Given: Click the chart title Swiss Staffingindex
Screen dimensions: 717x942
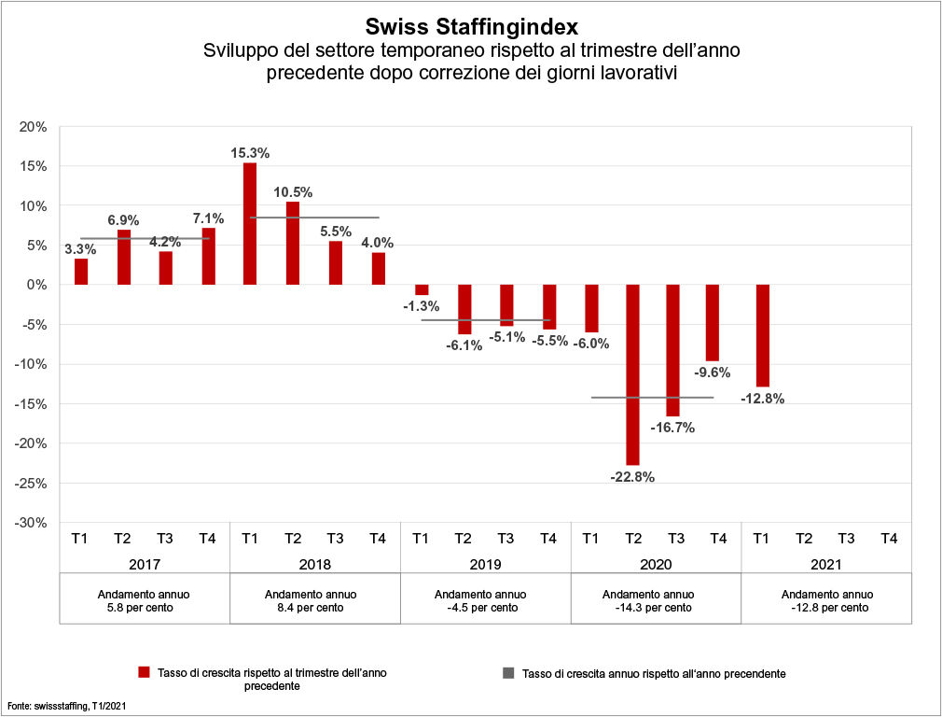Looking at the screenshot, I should pos(471,26).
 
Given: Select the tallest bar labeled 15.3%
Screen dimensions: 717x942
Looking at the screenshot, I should pos(250,224).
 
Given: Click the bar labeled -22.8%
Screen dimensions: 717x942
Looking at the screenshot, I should pos(633,373).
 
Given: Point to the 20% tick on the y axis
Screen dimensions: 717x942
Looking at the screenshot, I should pos(34,127).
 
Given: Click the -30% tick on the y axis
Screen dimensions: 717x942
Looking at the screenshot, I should pos(32,523).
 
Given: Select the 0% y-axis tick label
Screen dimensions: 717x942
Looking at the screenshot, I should pos(37,285).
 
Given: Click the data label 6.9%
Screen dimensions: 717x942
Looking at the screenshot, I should pos(123,220).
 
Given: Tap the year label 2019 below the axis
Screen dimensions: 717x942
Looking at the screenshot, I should pos(485,565).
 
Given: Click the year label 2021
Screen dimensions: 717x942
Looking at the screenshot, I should pos(825,565).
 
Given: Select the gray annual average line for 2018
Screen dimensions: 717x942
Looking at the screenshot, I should pos(313,218).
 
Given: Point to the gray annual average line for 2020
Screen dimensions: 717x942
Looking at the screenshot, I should pos(653,398).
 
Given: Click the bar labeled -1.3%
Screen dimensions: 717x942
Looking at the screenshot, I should pos(422,289).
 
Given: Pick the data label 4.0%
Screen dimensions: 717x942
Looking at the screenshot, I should pos(378,243).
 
